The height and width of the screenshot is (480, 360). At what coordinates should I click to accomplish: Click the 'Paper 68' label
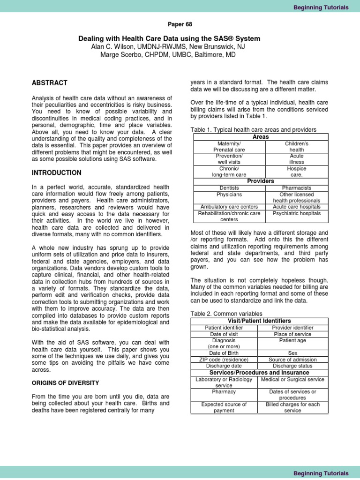(180, 24)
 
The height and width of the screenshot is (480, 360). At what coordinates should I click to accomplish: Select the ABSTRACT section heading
(50, 83)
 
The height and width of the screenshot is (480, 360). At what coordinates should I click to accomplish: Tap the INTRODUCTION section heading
(56, 173)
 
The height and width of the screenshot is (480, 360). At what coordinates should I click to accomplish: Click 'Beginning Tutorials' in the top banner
(321, 7)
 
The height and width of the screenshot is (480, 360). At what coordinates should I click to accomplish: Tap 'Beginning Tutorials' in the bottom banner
(321, 473)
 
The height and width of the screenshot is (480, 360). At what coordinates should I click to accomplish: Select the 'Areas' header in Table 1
(261, 137)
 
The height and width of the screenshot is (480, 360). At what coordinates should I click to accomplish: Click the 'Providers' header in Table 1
(261, 181)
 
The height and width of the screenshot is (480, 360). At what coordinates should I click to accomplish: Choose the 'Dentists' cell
(229, 188)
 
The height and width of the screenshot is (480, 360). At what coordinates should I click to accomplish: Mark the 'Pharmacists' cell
(297, 188)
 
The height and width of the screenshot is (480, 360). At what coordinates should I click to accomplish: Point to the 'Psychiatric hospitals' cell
(297, 213)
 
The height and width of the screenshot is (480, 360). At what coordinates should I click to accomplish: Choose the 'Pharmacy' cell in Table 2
(224, 391)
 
